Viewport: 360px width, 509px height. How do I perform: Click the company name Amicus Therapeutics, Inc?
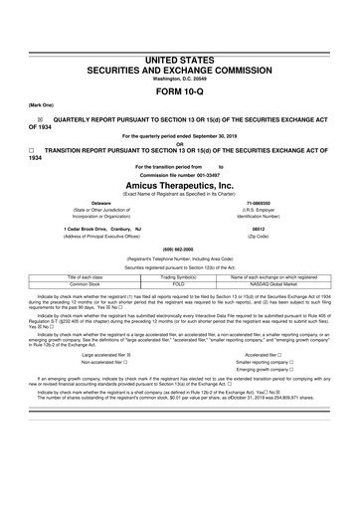(x=180, y=183)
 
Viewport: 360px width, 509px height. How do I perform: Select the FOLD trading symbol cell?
(x=180, y=283)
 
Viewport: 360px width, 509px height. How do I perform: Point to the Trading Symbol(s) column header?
(x=180, y=275)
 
